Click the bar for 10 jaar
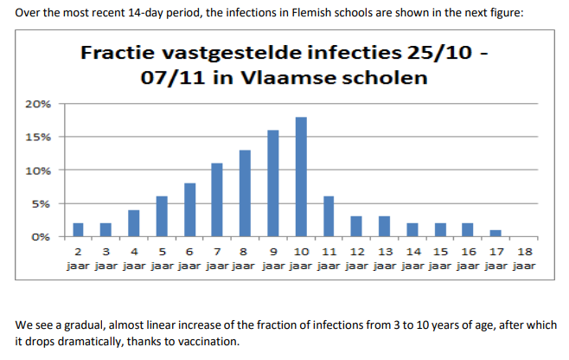point(301,177)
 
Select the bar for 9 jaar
point(273,183)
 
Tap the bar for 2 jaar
point(78,229)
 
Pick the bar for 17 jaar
point(495,233)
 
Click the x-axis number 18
point(523,251)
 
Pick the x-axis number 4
point(133,251)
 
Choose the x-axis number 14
point(412,251)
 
